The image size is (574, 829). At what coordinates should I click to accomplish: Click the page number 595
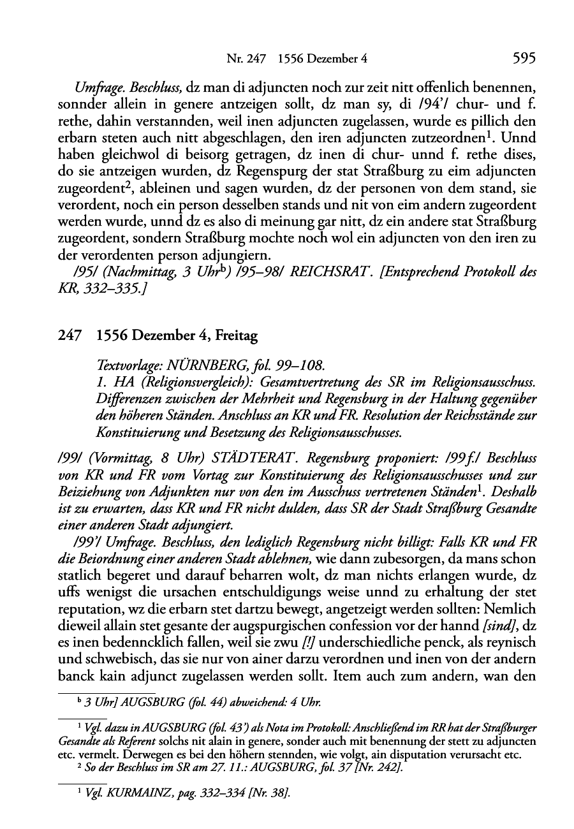pos(522,59)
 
